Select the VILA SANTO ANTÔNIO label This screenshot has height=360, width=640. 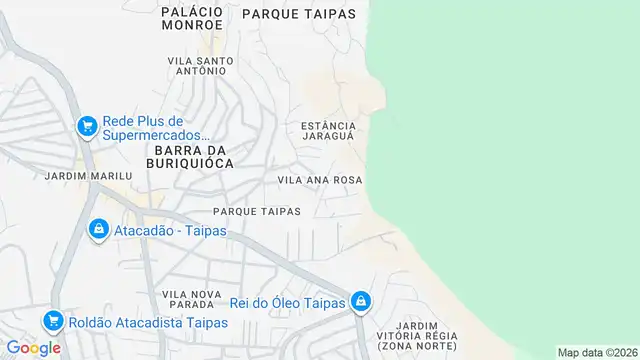[x=200, y=66]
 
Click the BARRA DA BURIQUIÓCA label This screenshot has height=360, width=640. [x=189, y=155]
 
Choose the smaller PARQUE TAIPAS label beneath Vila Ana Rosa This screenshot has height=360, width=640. [x=257, y=211]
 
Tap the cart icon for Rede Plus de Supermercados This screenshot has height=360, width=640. [x=87, y=126]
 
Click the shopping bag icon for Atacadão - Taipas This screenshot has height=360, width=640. [x=98, y=230]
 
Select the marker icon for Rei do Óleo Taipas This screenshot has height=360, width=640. [x=361, y=301]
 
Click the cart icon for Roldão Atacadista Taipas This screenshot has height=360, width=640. [x=52, y=322]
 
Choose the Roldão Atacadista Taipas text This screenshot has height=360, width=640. [x=147, y=323]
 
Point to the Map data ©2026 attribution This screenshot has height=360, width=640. [x=597, y=352]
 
